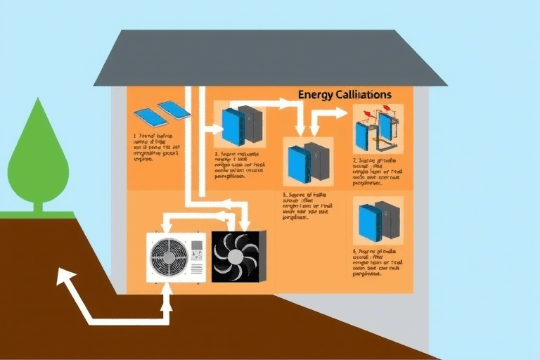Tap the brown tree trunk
(x=38, y=205)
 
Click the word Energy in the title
(x=314, y=94)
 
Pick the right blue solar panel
(x=174, y=110)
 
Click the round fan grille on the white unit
(x=168, y=257)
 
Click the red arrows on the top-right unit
(x=374, y=112)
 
